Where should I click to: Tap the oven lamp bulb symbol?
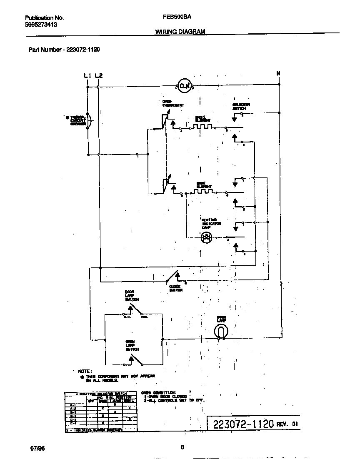(x=221, y=331)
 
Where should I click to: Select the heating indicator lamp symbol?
(x=206, y=237)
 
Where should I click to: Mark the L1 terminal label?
(x=87, y=75)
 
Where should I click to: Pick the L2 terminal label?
(x=98, y=75)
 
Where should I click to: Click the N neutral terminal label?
(x=278, y=74)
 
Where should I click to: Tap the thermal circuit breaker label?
(x=77, y=120)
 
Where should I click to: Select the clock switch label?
(x=176, y=288)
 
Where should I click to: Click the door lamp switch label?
(x=132, y=296)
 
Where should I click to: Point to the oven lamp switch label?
(x=132, y=345)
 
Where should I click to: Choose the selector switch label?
(x=241, y=106)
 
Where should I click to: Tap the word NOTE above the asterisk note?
(x=85, y=371)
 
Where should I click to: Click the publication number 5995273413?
(x=41, y=25)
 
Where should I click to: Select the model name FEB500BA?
(x=174, y=18)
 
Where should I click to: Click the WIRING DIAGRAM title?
(x=180, y=32)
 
